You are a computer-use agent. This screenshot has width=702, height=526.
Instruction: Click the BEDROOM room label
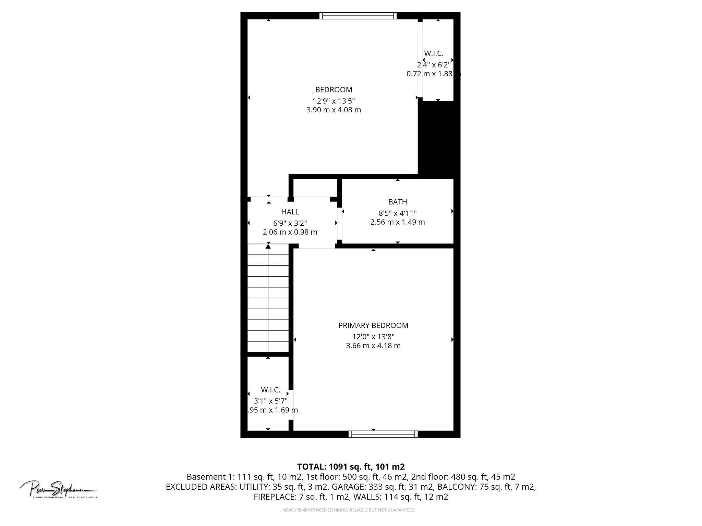[334, 90]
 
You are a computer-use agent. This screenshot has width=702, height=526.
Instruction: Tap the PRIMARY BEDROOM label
[373, 325]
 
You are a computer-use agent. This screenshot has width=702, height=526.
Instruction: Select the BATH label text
[398, 202]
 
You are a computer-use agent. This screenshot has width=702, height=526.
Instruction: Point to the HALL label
[290, 212]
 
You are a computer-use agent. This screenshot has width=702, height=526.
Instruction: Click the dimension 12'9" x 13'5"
[334, 101]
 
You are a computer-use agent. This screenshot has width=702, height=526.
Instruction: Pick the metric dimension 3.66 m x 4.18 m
[373, 346]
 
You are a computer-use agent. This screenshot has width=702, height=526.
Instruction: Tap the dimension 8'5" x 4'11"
[398, 213]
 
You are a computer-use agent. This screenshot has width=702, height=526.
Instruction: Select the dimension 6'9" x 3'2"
[290, 223]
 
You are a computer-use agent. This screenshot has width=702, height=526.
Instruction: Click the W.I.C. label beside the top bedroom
[434, 53]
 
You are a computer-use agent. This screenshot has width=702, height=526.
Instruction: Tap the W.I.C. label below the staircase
[270, 390]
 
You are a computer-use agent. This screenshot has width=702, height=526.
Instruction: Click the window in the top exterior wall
[358, 16]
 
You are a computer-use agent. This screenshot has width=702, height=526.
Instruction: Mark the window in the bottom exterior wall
[383, 434]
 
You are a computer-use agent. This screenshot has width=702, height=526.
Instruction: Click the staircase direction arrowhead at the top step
[268, 246]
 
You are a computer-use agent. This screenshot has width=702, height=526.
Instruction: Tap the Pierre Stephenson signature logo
[58, 489]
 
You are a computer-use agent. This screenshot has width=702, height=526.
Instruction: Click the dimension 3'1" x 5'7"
[270, 401]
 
